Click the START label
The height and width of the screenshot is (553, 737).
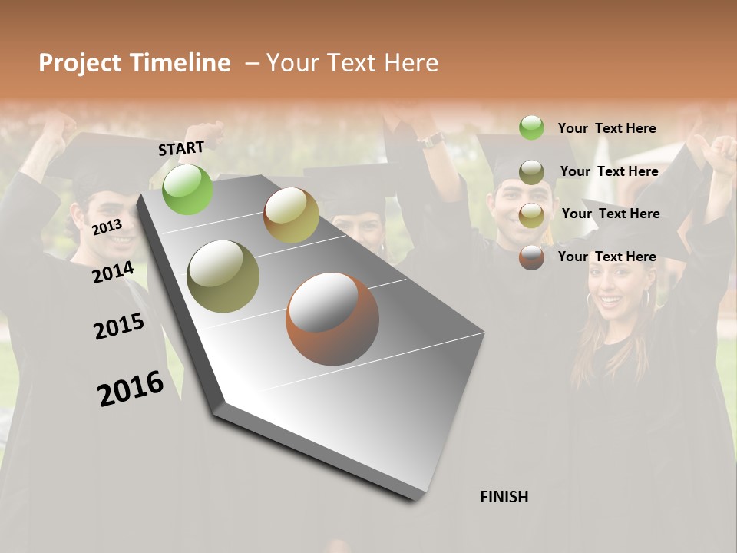181,148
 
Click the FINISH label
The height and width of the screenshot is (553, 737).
504,497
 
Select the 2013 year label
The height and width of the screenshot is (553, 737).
107,227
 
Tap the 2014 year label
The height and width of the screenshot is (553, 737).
113,272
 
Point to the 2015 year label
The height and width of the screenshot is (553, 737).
119,326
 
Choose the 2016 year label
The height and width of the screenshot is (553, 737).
131,389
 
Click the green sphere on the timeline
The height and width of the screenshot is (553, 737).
188,189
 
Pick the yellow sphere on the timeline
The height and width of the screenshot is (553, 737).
291,215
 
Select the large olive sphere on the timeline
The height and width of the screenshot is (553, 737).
223,276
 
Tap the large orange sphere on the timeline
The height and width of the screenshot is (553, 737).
332,319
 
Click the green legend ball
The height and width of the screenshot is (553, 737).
531,127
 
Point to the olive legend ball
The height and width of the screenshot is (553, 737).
531,172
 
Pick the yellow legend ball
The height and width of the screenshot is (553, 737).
531,215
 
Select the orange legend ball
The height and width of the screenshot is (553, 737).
531,257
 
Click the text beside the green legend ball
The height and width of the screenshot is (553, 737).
606,128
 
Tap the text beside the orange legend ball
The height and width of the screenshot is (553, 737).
606,257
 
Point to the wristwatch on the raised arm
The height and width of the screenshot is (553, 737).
431,140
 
